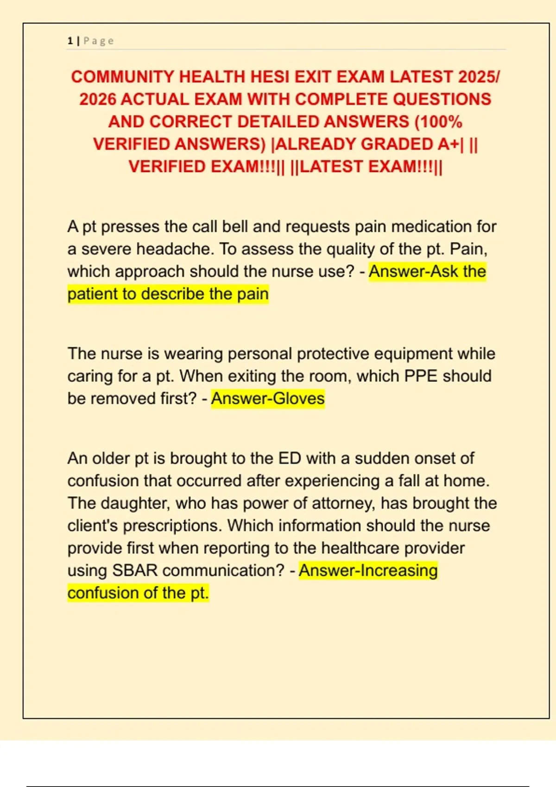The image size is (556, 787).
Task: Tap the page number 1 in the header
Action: click(70, 41)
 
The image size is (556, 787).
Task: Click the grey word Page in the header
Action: click(99, 41)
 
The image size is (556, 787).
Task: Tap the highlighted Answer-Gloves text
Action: click(268, 399)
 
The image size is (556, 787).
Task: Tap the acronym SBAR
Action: click(135, 570)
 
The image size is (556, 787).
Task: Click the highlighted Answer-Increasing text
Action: click(368, 570)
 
